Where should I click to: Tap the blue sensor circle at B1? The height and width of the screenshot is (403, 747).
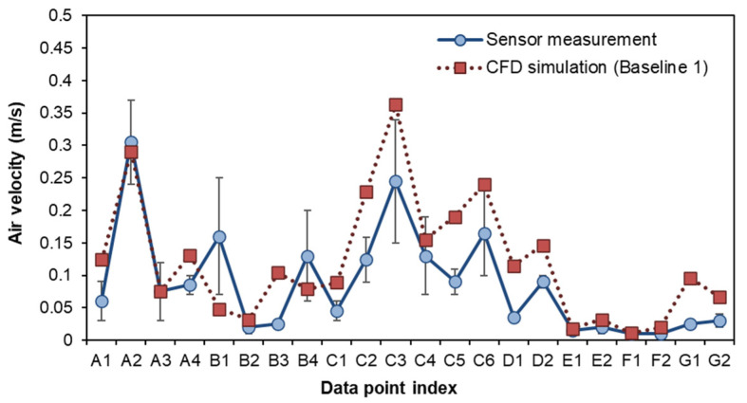point(219,236)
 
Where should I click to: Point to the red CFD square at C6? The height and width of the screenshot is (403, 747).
point(484,185)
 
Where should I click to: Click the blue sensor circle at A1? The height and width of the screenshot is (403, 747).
point(102,301)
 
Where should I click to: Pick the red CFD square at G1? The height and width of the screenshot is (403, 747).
point(690,279)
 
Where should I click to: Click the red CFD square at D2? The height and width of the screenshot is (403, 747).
point(543,247)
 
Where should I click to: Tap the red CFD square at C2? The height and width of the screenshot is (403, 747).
point(366,192)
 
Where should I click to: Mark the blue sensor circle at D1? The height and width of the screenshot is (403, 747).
point(514,317)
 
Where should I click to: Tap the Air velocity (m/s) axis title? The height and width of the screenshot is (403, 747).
point(16,176)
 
